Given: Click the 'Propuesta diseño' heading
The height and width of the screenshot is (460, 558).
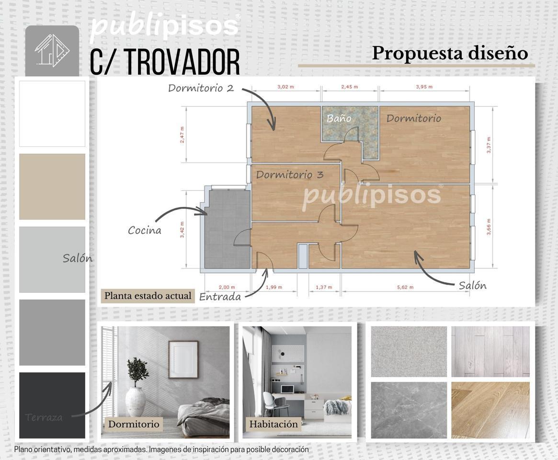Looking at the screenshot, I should point(450,53).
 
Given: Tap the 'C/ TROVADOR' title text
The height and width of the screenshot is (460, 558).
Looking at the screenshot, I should point(165,61).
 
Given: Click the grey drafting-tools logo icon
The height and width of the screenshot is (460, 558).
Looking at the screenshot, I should point(52,50).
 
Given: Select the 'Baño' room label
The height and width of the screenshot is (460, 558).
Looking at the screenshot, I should point(339,118).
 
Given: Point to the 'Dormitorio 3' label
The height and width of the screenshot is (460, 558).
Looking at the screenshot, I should point(289,174).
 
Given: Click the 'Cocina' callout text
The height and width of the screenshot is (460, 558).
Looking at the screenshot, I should point(144,230).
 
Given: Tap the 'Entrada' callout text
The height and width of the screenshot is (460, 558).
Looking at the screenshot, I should point(220,297).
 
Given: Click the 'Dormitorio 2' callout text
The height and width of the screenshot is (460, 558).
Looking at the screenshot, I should point(201,88).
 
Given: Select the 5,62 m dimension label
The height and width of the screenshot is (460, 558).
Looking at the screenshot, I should point(405,287).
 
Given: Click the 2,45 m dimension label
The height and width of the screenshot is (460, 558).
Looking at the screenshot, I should point(350,87).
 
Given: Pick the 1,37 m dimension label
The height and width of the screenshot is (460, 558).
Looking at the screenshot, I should point(324,287).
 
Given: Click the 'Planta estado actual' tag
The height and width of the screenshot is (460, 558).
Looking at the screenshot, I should point(148,296).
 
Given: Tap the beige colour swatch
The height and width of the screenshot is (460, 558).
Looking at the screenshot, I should point(52,186).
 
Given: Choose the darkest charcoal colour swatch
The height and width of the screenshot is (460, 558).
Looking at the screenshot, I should point(52,405).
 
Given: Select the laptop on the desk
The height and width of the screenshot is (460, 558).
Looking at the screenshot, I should point(287,390).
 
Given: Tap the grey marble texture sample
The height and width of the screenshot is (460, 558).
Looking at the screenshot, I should point(409,410).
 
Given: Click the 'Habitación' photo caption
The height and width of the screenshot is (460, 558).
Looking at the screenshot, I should point(273,424).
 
